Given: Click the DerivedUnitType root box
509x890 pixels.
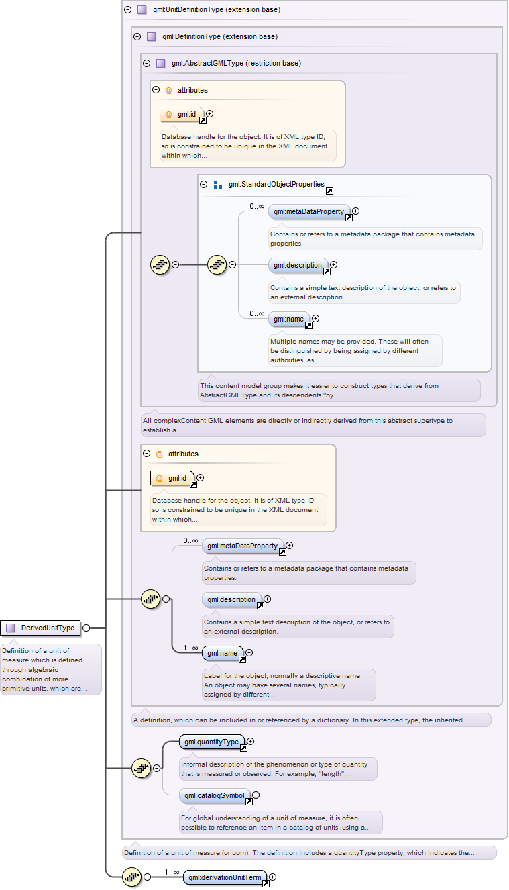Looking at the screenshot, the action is tap(40, 628).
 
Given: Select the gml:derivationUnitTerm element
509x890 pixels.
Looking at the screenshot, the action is tap(225, 877).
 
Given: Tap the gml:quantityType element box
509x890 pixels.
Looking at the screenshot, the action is tap(212, 742).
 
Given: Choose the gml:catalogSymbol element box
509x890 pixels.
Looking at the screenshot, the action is tap(215, 795).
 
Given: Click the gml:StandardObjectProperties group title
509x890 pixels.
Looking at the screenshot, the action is tap(276, 184).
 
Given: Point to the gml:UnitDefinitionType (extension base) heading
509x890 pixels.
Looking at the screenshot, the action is tap(217, 9).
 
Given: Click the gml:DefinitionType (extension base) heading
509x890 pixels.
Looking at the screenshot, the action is tap(220, 36).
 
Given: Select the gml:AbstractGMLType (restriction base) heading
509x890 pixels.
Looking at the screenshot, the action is tap(236, 63).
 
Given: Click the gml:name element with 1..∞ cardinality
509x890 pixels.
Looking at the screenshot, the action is tap(223, 653).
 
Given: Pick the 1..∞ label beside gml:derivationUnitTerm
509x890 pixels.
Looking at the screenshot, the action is tap(172, 872).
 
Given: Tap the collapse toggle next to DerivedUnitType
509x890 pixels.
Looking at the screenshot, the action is tap(86, 628).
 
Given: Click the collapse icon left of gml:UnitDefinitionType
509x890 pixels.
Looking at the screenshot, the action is tap(128, 9).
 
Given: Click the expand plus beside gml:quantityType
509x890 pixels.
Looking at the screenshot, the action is tap(251, 742).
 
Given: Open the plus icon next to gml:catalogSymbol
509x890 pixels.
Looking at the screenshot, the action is tap(256, 795).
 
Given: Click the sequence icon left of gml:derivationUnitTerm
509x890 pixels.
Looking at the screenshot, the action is tap(132, 877).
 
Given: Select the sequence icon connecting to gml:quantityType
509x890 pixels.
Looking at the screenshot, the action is tap(142, 769).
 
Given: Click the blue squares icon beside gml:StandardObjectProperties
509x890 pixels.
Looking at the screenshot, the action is tap(217, 185).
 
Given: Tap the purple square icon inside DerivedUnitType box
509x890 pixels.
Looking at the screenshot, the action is tap(11, 628).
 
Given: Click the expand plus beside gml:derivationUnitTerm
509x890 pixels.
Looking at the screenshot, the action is tap(273, 877).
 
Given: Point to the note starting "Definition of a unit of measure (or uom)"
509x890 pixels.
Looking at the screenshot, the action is tap(299, 852).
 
